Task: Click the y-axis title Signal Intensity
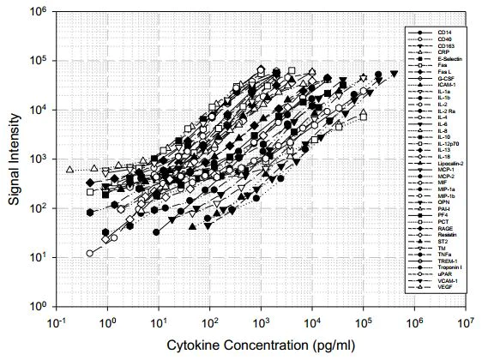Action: tap(15, 159)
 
